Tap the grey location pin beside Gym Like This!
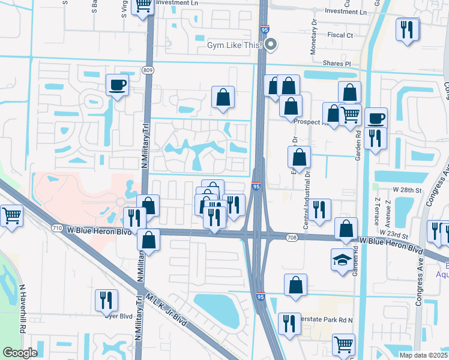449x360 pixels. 271,44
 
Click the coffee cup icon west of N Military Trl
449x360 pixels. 117,85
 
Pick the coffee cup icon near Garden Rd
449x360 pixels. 376,118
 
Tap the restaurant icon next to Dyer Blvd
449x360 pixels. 106,299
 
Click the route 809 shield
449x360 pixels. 148,70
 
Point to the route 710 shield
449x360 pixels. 57,228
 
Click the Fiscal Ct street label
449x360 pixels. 340,35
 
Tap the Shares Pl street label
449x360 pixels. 339,63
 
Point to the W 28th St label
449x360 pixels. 405,190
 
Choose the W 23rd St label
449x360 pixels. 394,236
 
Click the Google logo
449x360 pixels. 20,352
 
